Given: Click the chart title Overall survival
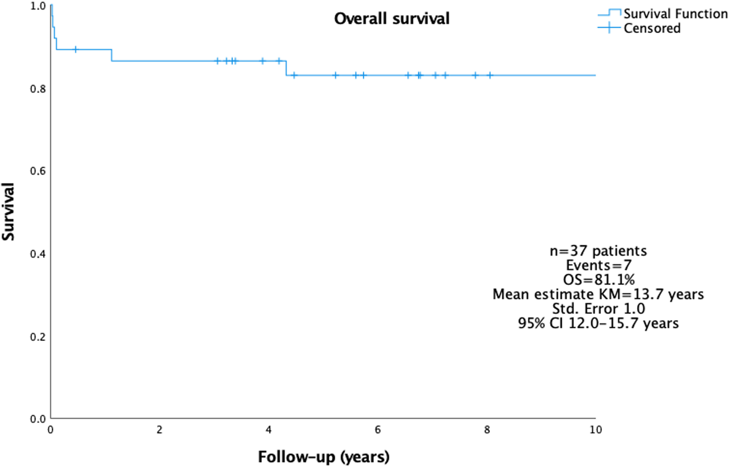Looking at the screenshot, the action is tap(392, 19).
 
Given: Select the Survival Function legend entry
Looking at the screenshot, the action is tap(663, 14).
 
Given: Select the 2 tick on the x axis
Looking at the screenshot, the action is tap(160, 430).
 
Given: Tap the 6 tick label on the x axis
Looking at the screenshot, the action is tap(378, 430).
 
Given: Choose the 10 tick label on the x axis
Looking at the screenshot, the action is tap(596, 430).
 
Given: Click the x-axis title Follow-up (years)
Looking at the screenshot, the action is tap(324, 457).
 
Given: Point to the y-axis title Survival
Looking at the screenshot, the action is tap(8, 212).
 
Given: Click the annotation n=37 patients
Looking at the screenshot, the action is tap(598, 251).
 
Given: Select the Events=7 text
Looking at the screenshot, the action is tap(599, 265).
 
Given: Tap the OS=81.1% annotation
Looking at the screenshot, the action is tap(599, 280).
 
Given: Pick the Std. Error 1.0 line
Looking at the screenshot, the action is tap(599, 309).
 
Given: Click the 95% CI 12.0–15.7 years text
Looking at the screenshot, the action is tap(598, 323).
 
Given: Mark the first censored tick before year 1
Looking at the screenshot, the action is tap(76, 49).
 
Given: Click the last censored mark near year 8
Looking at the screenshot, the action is tap(490, 75).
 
